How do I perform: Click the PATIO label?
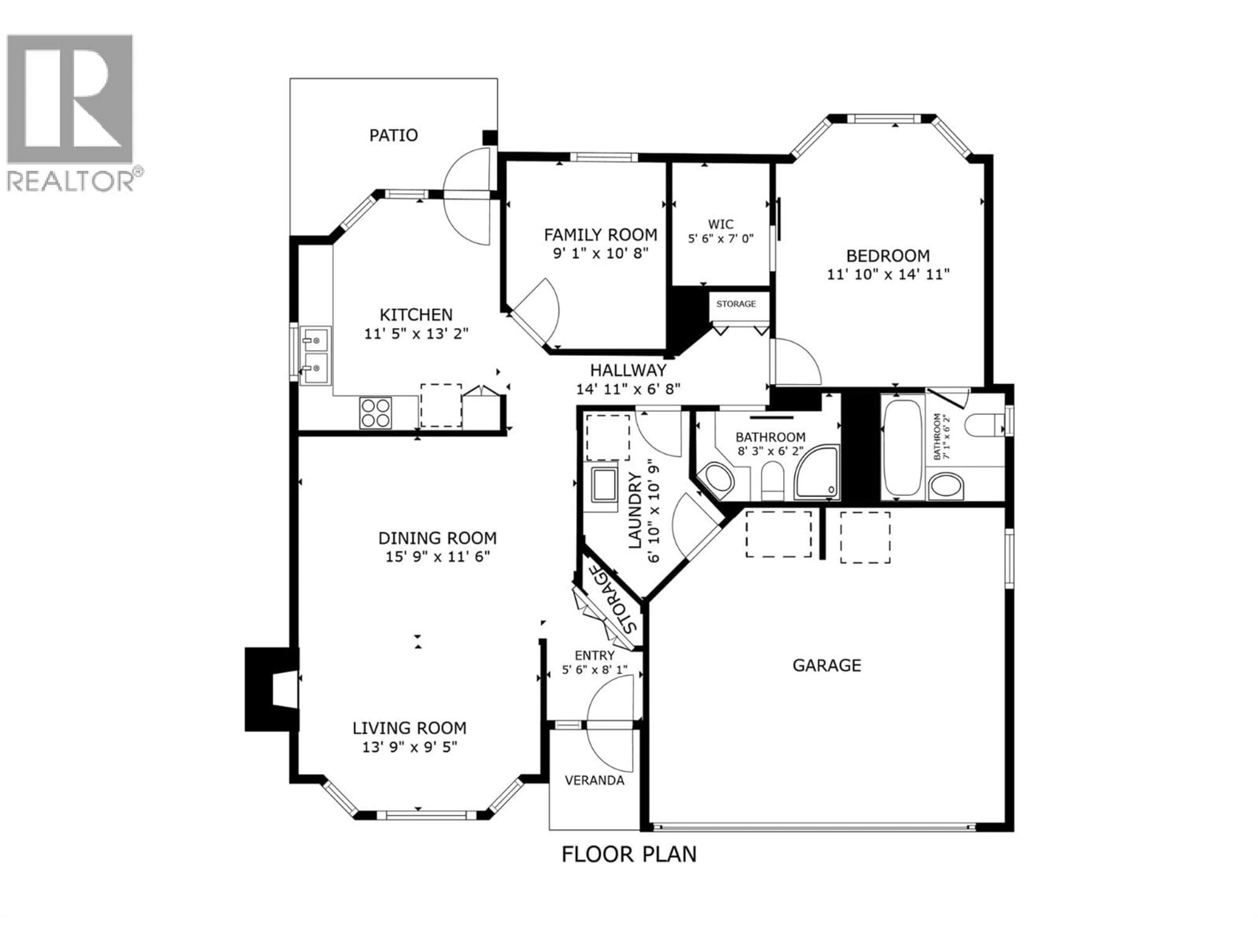pos(393,135)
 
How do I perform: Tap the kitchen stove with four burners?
pos(376,413)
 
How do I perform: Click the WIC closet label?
pos(720,224)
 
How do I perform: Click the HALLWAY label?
pos(628,370)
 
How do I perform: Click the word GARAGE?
pos(826,665)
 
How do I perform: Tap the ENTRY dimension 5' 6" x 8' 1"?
pos(594,670)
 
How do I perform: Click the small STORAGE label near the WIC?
pos(736,304)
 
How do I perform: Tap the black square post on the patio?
pos(490,138)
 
